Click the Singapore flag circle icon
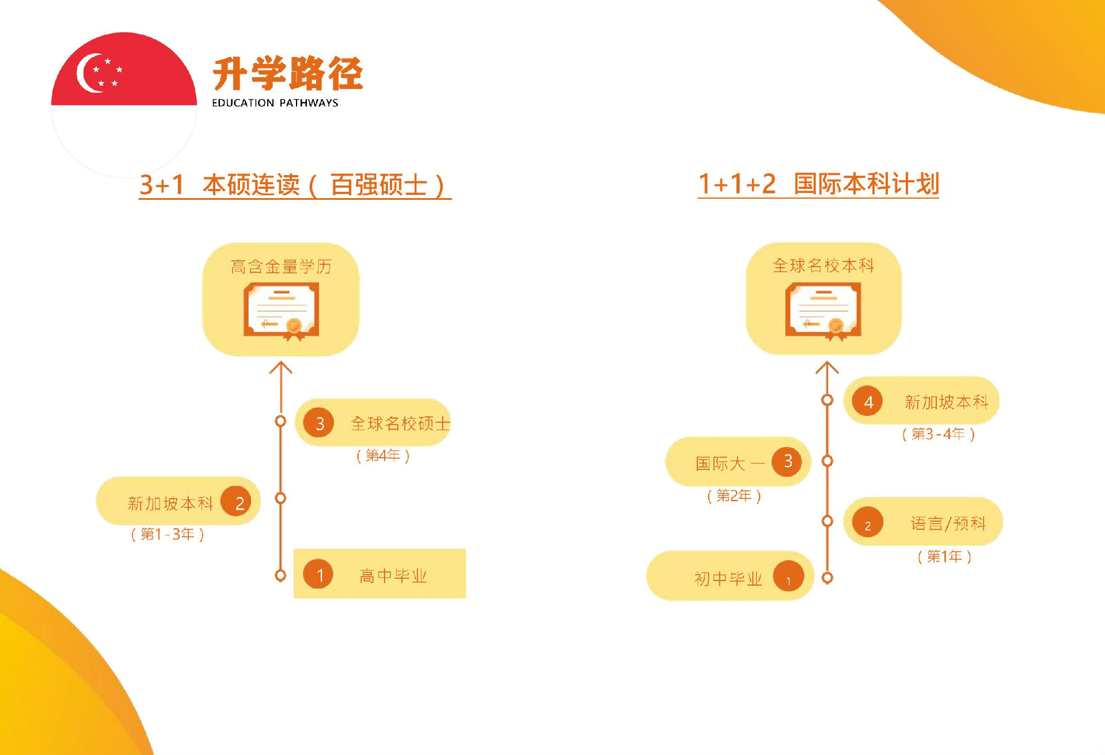tap(124, 105)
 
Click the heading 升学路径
tap(288, 74)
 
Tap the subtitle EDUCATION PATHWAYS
tap(275, 103)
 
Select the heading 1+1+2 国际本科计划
tap(818, 184)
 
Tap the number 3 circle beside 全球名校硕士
tap(319, 423)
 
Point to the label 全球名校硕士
tap(400, 424)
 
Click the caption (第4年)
tap(383, 456)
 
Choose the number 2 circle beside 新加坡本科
tap(237, 502)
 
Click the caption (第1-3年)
tap(168, 534)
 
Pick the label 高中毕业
tap(393, 576)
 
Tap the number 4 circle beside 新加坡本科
tap(868, 401)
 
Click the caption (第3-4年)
tap(939, 434)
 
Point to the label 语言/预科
tap(948, 523)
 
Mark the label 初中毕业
tap(728, 578)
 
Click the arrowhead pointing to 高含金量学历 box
tap(281, 367)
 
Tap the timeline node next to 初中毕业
tap(827, 578)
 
